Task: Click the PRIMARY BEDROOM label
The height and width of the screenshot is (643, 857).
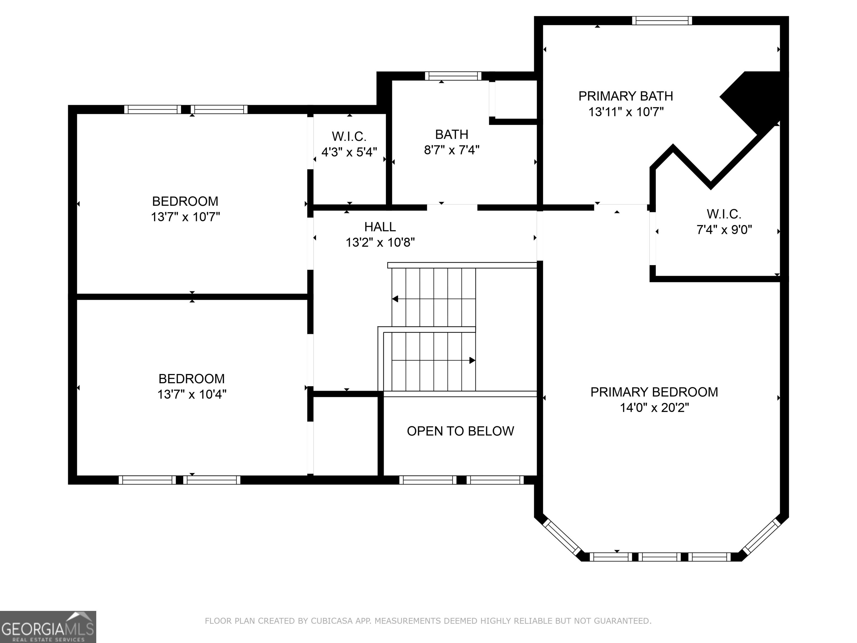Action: [x=654, y=392]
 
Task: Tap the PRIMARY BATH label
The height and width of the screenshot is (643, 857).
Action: [x=626, y=96]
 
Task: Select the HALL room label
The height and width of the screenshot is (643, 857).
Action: [x=380, y=226]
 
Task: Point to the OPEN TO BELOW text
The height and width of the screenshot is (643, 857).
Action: [x=460, y=431]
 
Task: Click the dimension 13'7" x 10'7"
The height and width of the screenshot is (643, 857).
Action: [x=185, y=217]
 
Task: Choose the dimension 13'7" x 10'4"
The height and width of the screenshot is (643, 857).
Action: [x=192, y=394]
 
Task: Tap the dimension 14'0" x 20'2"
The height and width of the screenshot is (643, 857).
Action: [x=654, y=408]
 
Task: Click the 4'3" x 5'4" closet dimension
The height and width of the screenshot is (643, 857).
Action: [x=349, y=152]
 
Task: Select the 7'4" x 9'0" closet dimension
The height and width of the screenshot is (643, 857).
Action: [x=724, y=230]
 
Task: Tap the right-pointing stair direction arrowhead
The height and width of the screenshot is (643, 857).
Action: [x=472, y=361]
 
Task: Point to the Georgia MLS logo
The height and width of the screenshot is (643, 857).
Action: [x=48, y=627]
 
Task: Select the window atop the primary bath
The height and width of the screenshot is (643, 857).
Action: [x=662, y=21]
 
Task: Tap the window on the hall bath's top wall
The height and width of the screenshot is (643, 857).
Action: [x=453, y=76]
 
